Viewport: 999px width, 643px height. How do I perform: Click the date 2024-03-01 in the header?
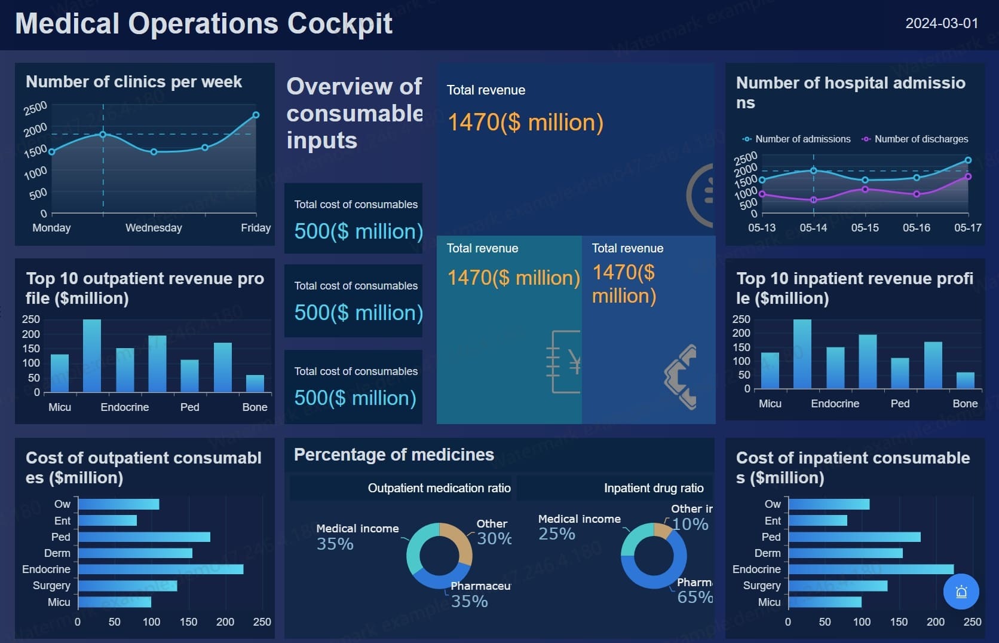(x=942, y=23)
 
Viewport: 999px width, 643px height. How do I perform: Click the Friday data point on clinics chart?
(x=256, y=115)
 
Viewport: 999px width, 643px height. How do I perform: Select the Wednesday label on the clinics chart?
(x=154, y=228)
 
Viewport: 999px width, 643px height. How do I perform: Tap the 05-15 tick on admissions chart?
(x=865, y=228)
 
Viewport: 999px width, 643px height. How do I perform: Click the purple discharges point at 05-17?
(x=968, y=176)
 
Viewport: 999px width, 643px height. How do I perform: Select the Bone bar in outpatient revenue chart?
(x=255, y=383)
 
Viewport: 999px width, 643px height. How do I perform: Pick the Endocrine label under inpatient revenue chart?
(x=835, y=404)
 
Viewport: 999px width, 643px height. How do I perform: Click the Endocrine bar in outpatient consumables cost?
(x=160, y=569)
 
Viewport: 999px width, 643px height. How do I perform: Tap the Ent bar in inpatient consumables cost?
(x=817, y=520)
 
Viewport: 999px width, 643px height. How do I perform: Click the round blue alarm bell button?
(x=961, y=592)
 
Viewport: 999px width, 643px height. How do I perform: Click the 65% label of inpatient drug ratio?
(x=694, y=597)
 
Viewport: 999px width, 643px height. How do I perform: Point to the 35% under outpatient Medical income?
(x=335, y=544)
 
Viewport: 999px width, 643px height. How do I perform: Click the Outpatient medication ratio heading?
(x=439, y=488)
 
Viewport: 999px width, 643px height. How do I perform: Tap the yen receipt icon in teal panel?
(x=565, y=361)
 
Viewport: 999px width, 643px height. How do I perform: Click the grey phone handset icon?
(x=681, y=377)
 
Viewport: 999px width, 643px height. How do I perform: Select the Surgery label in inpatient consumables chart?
(x=761, y=586)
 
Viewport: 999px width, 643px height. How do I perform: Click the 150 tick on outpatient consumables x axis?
(x=188, y=622)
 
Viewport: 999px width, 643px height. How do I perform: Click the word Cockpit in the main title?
(x=339, y=24)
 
